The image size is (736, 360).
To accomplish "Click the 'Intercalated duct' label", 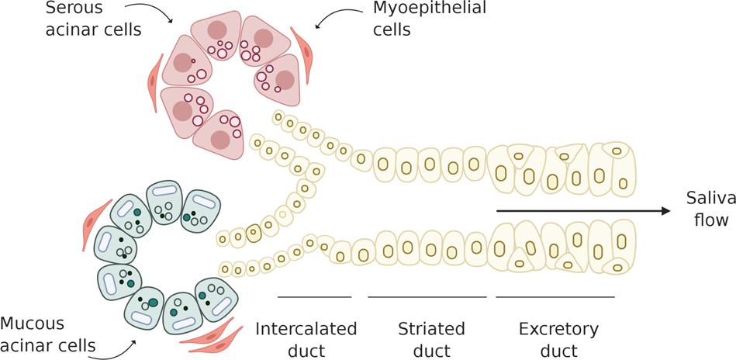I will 306,339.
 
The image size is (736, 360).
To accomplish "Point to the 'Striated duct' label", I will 431,339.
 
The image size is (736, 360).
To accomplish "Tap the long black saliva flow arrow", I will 582,210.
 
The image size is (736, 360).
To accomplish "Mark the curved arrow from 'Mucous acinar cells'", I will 119,348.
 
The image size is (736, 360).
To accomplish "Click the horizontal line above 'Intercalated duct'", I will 314,296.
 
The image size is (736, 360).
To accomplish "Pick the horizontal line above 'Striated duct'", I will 427,296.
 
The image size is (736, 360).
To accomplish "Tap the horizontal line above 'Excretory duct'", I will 555,296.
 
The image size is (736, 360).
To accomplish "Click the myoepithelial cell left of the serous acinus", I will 153,75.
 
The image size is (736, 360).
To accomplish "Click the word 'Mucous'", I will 33,323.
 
